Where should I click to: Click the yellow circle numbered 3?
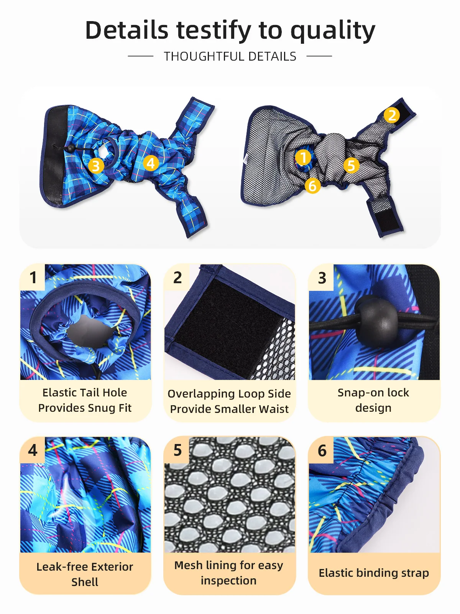pyautogui.click(x=96, y=166)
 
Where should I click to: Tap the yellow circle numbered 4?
pyautogui.click(x=151, y=163)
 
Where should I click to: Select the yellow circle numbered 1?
pyautogui.click(x=303, y=157)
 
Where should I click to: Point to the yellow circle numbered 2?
pyautogui.click(x=392, y=115)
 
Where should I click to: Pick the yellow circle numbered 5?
pyautogui.click(x=352, y=165)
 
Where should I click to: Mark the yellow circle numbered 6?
pyautogui.click(x=312, y=186)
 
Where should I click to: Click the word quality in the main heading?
pyautogui.click(x=333, y=31)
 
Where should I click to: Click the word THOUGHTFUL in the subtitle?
pyautogui.click(x=202, y=56)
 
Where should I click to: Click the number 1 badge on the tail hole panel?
pyautogui.click(x=33, y=277)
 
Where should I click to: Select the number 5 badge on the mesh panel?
pyautogui.click(x=177, y=450)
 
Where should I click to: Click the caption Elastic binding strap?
pyautogui.click(x=374, y=573)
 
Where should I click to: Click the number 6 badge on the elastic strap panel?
pyautogui.click(x=322, y=450)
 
